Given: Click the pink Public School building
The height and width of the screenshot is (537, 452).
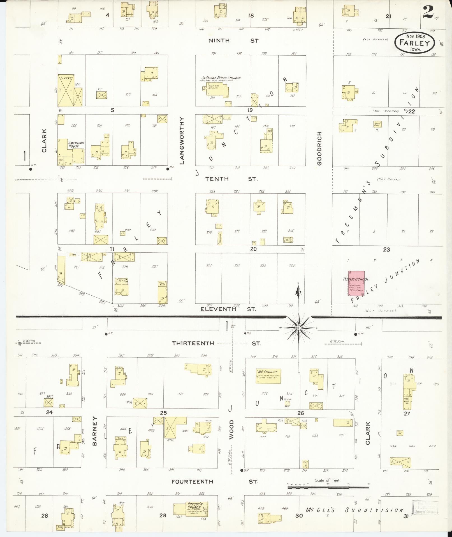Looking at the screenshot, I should click(356, 284).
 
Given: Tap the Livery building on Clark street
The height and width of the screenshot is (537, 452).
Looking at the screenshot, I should click(66, 90).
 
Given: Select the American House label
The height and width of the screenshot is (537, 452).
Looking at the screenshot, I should click(76, 145).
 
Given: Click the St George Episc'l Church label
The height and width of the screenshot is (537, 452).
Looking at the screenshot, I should click(221, 78).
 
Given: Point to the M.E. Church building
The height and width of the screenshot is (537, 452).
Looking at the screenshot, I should click(268, 376).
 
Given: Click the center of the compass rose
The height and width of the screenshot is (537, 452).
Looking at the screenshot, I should click(299, 328).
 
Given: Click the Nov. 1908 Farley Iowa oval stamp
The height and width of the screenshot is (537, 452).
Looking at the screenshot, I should click(414, 43).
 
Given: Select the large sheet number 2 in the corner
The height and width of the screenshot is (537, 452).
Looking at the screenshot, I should click(428, 12).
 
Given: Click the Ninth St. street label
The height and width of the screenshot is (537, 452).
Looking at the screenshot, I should click(234, 41).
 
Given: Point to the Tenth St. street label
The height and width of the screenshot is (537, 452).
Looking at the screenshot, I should click(231, 179).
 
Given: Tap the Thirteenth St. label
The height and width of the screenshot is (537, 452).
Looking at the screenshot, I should click(216, 343).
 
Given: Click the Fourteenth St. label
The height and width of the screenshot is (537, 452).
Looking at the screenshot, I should click(214, 482).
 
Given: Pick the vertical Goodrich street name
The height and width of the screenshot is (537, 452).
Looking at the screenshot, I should click(319, 149).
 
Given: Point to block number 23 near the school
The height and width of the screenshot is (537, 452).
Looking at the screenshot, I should click(386, 249).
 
